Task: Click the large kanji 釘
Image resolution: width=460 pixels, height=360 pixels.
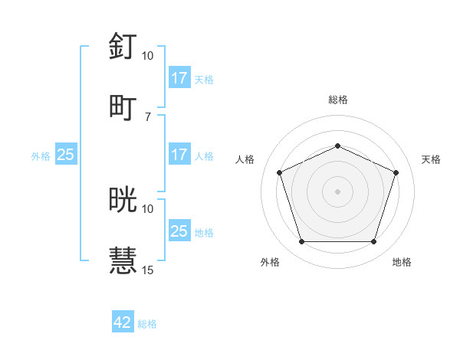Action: tap(123, 47)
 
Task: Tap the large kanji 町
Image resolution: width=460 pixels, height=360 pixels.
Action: tap(123, 107)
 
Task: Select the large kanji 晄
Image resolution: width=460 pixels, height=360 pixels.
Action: tap(123, 200)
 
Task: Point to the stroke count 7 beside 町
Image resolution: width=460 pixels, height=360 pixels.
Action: tap(148, 116)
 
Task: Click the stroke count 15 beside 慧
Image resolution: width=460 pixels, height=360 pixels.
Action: tap(148, 270)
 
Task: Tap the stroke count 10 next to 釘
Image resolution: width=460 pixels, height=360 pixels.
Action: tap(148, 56)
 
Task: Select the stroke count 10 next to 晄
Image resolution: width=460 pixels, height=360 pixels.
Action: tap(148, 208)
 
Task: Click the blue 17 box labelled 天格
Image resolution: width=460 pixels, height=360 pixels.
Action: tap(179, 78)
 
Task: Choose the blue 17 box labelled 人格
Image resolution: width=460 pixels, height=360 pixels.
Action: tap(179, 155)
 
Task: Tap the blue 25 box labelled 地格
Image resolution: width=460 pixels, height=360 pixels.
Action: tap(179, 231)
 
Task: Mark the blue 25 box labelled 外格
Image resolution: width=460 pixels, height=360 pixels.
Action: tap(66, 155)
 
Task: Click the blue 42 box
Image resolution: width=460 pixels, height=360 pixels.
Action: tap(123, 322)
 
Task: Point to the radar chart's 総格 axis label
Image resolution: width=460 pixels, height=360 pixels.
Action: tap(338, 100)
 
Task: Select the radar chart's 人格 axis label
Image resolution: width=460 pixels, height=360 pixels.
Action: tap(245, 159)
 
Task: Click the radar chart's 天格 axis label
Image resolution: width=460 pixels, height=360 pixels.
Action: tap(431, 159)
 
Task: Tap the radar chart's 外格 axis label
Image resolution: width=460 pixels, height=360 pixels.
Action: tap(270, 263)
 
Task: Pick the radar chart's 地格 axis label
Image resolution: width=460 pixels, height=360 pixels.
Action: tap(402, 263)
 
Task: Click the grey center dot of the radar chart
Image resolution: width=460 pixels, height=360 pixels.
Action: tap(338, 191)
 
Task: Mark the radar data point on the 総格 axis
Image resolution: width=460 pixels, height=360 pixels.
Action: tap(338, 146)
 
